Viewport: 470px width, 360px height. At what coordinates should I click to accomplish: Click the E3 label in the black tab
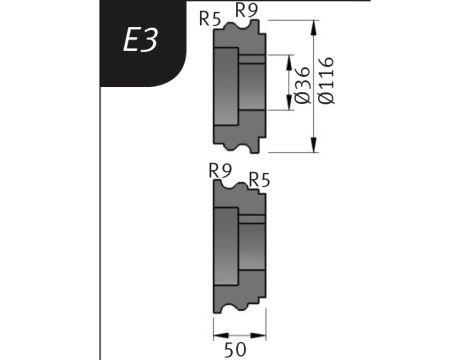(x=140, y=40)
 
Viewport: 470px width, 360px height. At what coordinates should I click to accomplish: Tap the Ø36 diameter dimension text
(x=303, y=85)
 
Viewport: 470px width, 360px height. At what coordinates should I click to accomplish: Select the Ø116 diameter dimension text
(x=326, y=80)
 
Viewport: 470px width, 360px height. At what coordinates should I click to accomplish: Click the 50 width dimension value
(x=235, y=350)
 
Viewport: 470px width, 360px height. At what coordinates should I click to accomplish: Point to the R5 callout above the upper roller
(x=210, y=19)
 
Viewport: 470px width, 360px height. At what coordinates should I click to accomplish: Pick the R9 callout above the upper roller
(x=247, y=10)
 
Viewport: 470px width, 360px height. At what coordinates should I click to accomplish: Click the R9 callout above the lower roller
(x=220, y=171)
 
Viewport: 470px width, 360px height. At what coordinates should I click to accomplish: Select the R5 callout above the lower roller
(x=259, y=181)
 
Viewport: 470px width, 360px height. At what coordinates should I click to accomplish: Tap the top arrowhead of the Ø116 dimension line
(x=313, y=28)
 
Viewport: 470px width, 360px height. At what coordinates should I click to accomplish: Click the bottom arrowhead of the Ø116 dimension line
(x=313, y=144)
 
